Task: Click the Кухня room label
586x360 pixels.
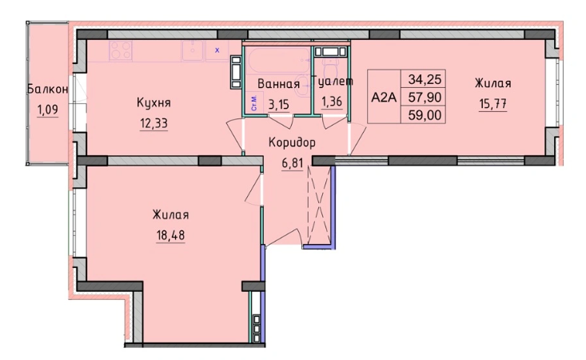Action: [153, 103]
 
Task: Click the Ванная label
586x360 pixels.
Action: [277, 85]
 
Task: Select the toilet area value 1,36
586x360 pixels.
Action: [333, 101]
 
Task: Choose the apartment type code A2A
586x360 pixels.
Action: [384, 97]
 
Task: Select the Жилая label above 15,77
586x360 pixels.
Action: [492, 83]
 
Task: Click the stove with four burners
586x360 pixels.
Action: [121, 50]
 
